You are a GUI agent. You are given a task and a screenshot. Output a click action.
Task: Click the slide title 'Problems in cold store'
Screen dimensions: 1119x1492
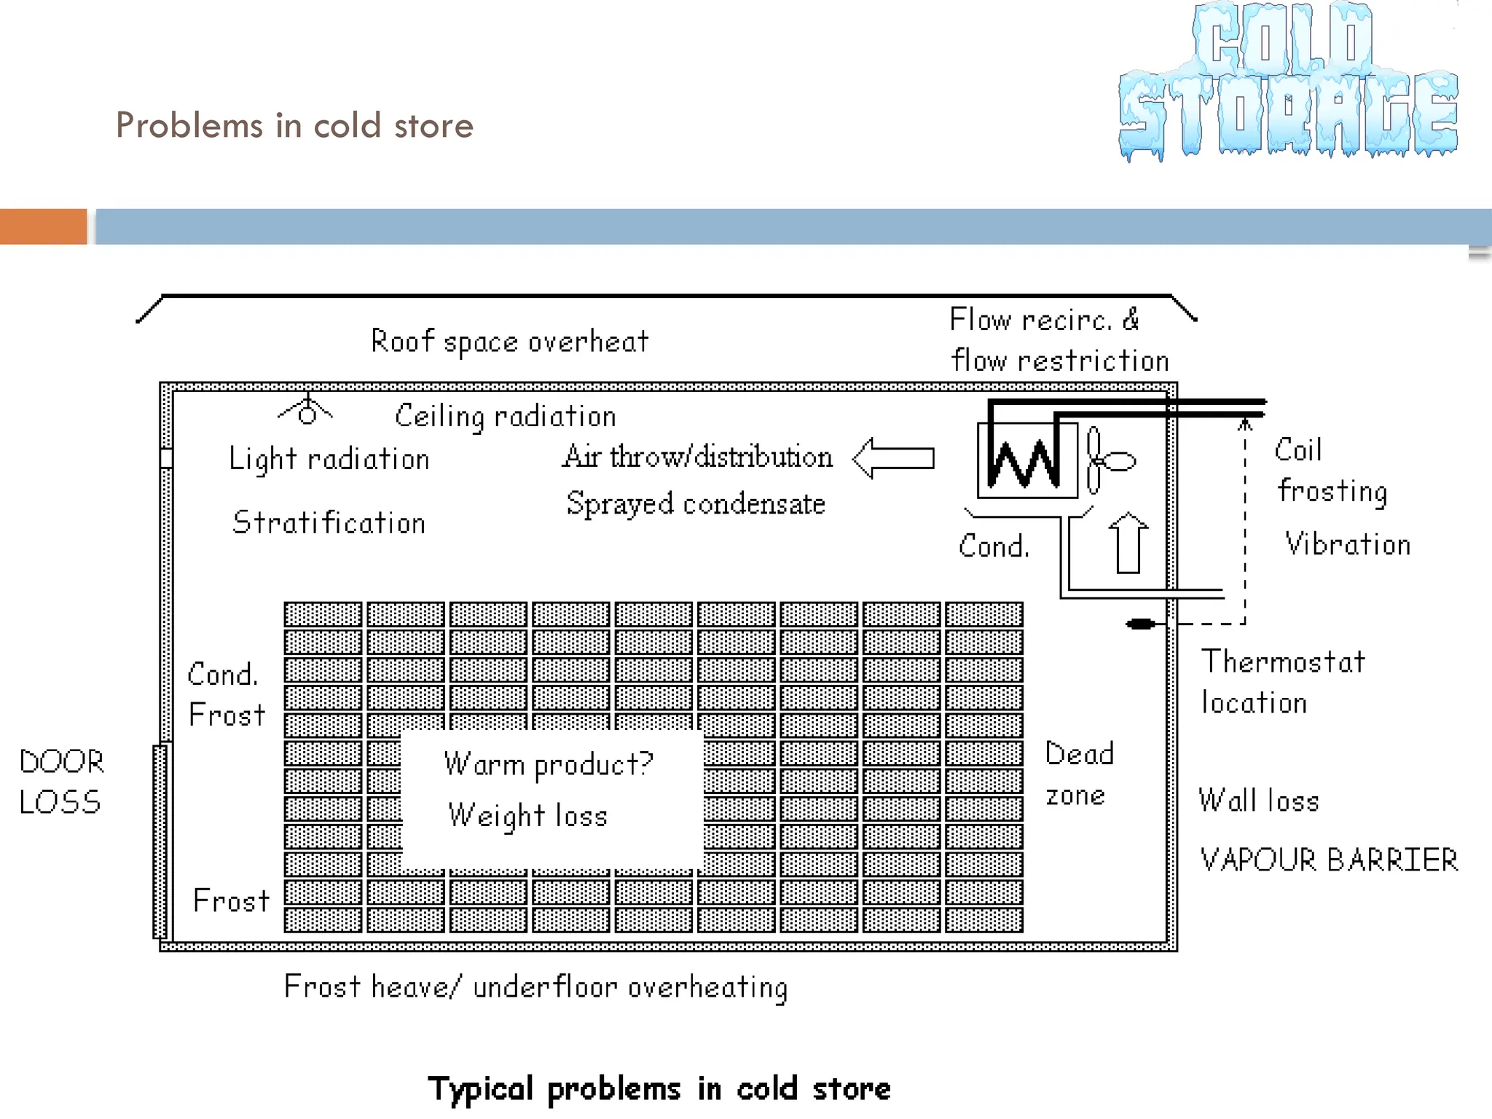coord(294,125)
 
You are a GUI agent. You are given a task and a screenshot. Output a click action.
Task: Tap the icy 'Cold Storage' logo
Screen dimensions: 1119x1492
coord(1287,82)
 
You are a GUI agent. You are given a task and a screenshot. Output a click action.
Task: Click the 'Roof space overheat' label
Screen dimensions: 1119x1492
coord(509,341)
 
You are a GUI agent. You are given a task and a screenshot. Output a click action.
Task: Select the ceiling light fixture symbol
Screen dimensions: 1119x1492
coord(307,412)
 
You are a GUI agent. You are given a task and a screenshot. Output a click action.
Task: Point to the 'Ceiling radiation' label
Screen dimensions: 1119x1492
coord(505,417)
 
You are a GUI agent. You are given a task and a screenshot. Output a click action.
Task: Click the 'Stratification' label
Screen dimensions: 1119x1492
coord(329,523)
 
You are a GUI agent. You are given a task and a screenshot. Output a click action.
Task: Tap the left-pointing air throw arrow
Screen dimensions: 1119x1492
coord(894,458)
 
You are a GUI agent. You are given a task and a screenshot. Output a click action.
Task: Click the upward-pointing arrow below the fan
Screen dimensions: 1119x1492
coord(1128,543)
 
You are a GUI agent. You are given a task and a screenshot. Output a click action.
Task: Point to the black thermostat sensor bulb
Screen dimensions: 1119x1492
coord(1141,624)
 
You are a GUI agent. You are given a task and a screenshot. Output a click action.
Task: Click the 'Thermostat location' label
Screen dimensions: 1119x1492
coord(1282,682)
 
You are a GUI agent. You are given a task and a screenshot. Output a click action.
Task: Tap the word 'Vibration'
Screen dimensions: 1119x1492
coord(1348,545)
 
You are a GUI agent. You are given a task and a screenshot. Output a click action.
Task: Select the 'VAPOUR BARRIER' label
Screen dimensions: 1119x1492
coord(1329,860)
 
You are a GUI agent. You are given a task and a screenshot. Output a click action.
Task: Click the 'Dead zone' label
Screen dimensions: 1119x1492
coord(1079,774)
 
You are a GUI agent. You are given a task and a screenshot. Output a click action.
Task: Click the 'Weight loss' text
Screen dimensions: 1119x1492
coord(527,816)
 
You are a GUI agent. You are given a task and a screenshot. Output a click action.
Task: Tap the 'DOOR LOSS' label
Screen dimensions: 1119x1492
coord(61,782)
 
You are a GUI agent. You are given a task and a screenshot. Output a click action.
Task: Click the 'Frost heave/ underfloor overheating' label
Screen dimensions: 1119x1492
coord(535,988)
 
